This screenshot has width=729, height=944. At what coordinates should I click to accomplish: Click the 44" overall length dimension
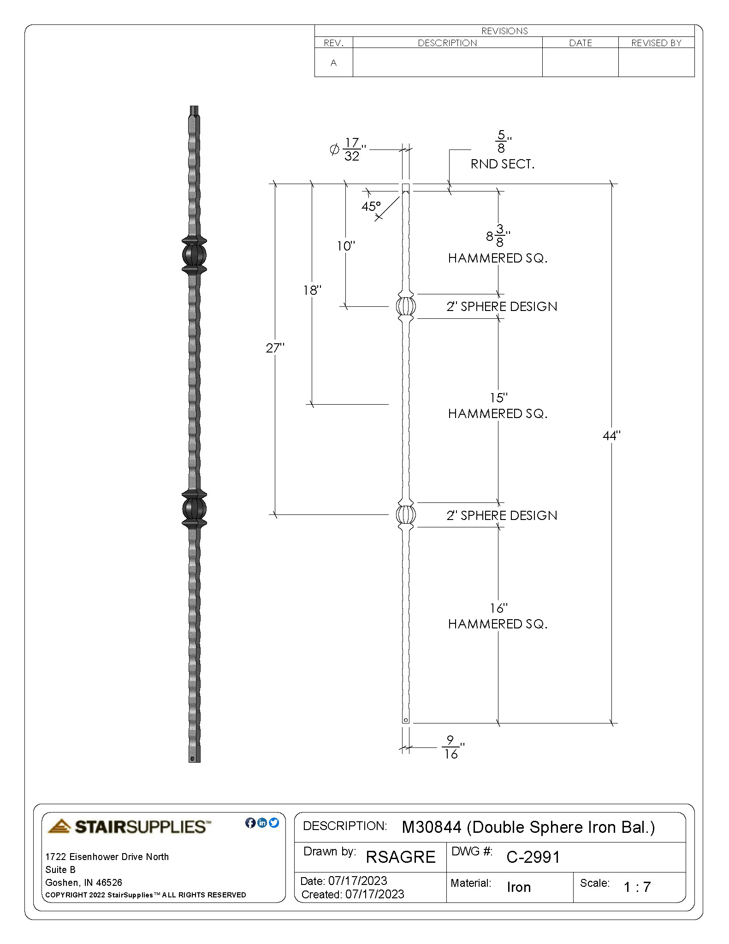click(x=611, y=436)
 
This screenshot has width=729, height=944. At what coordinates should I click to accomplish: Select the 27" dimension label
click(x=275, y=348)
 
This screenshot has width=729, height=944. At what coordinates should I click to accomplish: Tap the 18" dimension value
click(x=312, y=290)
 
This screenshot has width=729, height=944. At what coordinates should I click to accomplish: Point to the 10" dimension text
click(x=346, y=246)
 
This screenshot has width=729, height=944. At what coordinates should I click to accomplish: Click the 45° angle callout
click(x=371, y=206)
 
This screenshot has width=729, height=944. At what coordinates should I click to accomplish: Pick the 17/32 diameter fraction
click(x=352, y=149)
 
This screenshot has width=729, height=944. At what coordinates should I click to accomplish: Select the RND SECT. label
click(x=502, y=164)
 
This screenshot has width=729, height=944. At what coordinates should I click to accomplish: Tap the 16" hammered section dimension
click(x=498, y=608)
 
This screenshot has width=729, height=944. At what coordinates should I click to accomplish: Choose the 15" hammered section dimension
click(x=498, y=397)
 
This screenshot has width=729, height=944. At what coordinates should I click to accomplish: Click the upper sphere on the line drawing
click(x=406, y=306)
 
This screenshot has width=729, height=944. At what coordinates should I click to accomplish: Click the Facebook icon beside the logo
click(x=250, y=823)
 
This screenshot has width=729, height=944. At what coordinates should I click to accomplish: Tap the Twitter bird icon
click(x=274, y=823)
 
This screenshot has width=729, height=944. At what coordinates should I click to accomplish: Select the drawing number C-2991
click(x=533, y=857)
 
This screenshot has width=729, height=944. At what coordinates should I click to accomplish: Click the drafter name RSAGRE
click(x=400, y=857)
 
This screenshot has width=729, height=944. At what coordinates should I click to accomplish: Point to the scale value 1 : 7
click(x=637, y=887)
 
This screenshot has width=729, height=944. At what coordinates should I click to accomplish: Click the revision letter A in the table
click(x=333, y=63)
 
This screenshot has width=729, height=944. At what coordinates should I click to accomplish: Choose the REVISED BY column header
click(x=656, y=43)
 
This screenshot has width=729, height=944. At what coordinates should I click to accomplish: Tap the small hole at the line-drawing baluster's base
click(x=406, y=720)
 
